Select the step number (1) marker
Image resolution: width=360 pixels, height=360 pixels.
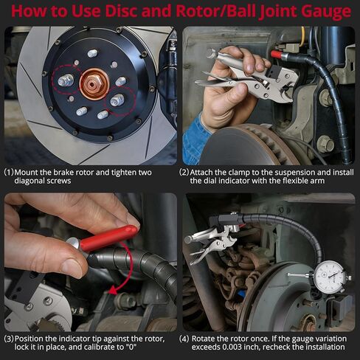click(9, 173)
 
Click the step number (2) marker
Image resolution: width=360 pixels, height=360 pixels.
click(184, 173)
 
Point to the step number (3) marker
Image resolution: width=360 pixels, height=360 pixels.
click(9, 339)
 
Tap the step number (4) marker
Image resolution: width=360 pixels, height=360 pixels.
click(184, 339)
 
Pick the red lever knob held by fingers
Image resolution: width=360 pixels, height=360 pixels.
click(108, 238)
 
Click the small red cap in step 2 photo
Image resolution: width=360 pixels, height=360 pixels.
click(277, 55)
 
